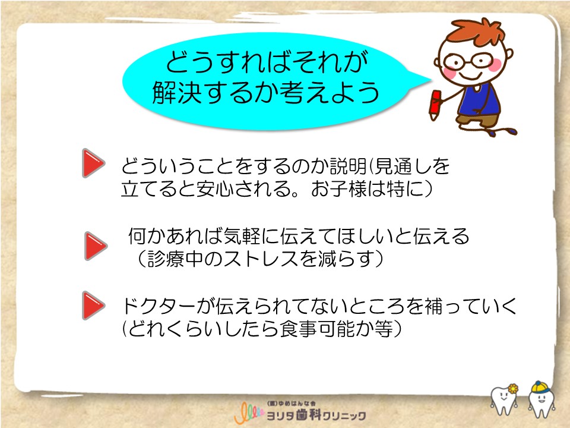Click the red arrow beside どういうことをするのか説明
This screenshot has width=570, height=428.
[x=93, y=163]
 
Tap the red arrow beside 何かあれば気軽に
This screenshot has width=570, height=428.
[x=96, y=246]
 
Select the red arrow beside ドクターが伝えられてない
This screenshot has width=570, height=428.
[x=93, y=306]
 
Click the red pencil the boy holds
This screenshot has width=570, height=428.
[x=435, y=105]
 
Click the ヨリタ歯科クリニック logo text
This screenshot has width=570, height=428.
[x=316, y=416]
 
